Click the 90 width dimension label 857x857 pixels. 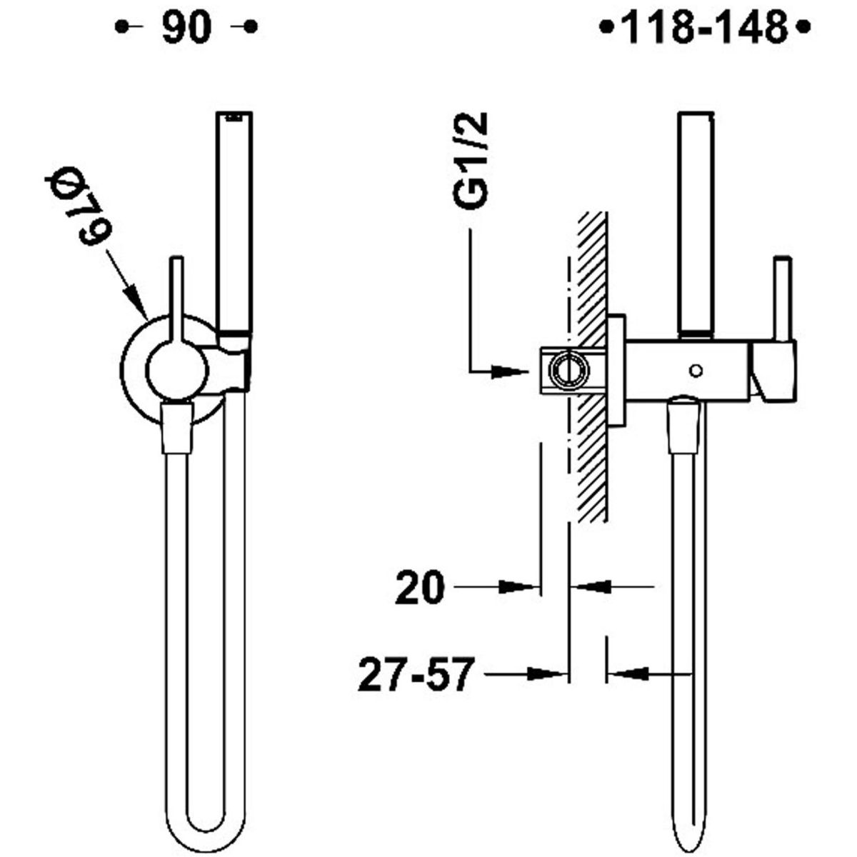186,28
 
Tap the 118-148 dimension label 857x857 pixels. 706,28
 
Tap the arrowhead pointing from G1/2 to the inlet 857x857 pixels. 510,371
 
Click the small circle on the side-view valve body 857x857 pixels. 696,370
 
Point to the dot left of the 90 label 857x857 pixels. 121,28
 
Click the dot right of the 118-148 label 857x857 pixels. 803,28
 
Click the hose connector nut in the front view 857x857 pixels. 178,426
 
